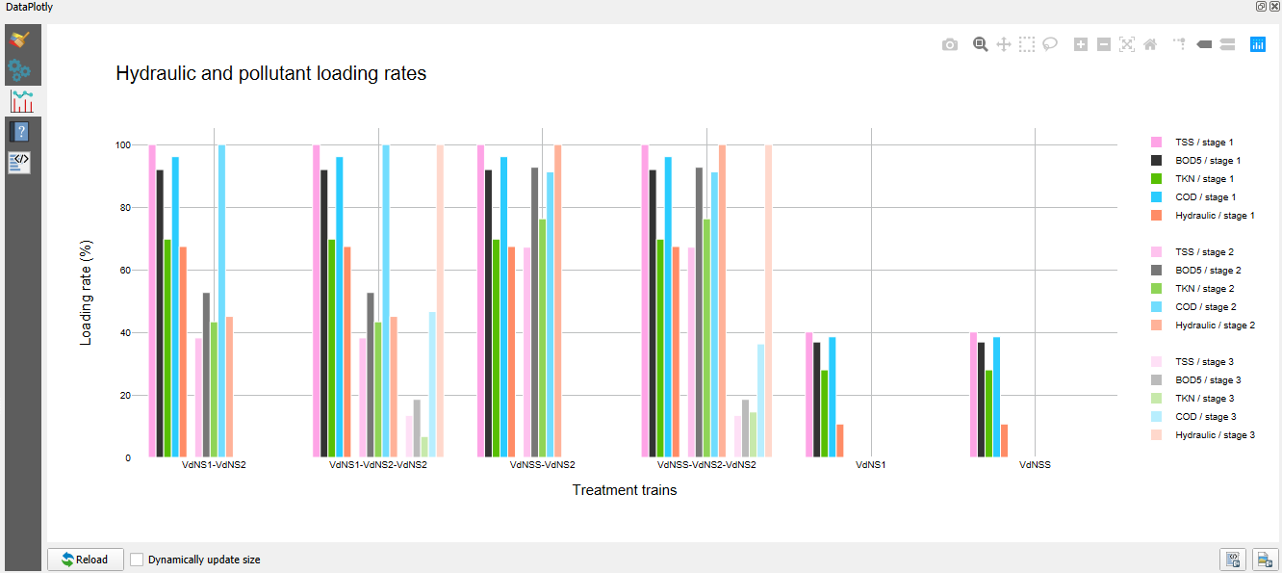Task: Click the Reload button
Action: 86,560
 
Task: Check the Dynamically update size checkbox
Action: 137,560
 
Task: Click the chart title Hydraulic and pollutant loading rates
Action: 270,73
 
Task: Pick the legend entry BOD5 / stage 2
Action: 1208,271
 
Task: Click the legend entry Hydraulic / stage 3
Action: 1215,435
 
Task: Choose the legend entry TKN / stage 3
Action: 1204,399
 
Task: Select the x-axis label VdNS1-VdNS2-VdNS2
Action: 378,465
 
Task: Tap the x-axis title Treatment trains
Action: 625,490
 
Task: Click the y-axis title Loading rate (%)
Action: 86,295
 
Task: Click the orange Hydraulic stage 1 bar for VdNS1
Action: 840,440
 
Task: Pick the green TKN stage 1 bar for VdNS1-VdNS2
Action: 167,349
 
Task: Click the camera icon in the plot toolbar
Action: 950,44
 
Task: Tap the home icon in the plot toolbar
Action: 1149,44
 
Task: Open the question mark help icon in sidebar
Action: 21,132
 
